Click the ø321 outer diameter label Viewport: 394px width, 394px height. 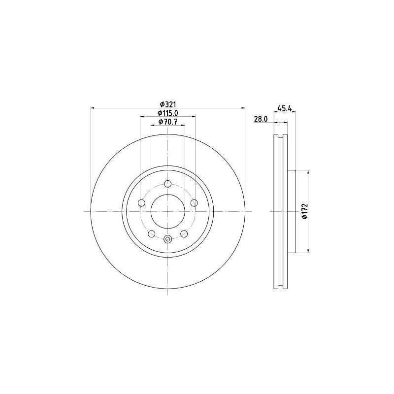point(168,104)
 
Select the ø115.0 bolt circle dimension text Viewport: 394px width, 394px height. point(168,113)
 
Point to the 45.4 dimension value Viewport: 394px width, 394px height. point(285,108)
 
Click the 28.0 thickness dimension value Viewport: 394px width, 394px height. point(260,119)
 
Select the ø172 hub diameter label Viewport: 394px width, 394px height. point(305,211)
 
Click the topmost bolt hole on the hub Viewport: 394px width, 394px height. point(168,184)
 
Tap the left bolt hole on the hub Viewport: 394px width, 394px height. point(142,203)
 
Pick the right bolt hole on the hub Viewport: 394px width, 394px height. point(194,203)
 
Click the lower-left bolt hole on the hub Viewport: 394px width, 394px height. point(152,233)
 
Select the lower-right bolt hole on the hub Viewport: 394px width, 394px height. point(184,233)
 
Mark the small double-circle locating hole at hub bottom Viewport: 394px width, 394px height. point(168,240)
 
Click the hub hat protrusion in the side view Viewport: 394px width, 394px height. point(291,211)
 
